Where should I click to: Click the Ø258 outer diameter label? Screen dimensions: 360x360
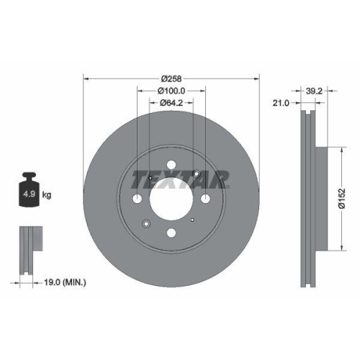point(171,78)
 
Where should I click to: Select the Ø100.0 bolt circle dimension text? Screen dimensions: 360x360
point(171,91)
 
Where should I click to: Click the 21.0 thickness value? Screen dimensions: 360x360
point(282,103)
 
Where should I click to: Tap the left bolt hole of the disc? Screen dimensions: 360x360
point(137,199)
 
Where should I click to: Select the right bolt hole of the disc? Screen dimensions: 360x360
point(205,199)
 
